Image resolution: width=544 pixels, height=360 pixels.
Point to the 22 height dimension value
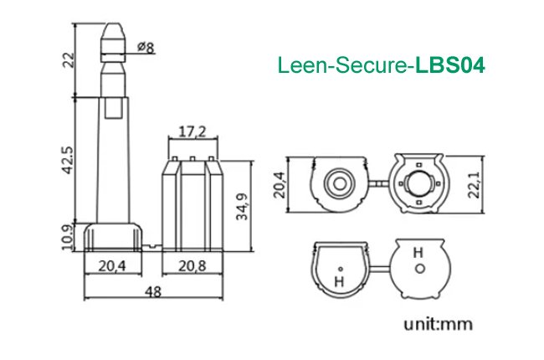pos(69,59)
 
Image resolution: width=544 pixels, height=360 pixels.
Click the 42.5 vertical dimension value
pos(69,159)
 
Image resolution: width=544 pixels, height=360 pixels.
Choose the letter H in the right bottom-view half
pos(418,251)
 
